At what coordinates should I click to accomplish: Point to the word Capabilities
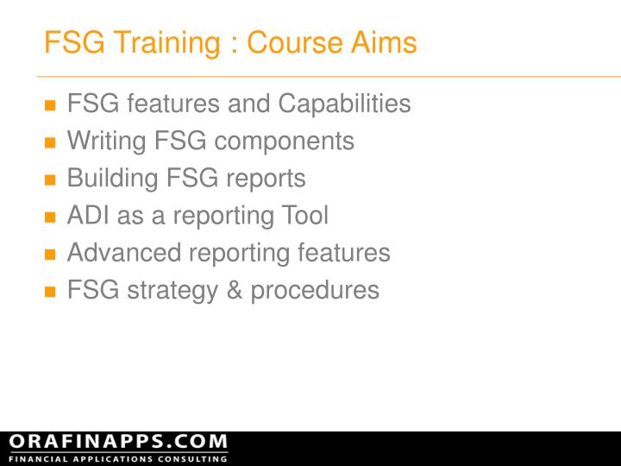tap(344, 104)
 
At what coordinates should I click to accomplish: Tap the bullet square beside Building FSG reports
tap(49, 181)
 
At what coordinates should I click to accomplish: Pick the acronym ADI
tap(88, 216)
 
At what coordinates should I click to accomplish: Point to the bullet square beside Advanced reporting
tap(49, 255)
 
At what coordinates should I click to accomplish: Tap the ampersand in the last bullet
tap(235, 290)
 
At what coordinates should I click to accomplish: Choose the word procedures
tap(315, 291)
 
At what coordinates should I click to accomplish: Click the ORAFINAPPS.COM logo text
tap(118, 442)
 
